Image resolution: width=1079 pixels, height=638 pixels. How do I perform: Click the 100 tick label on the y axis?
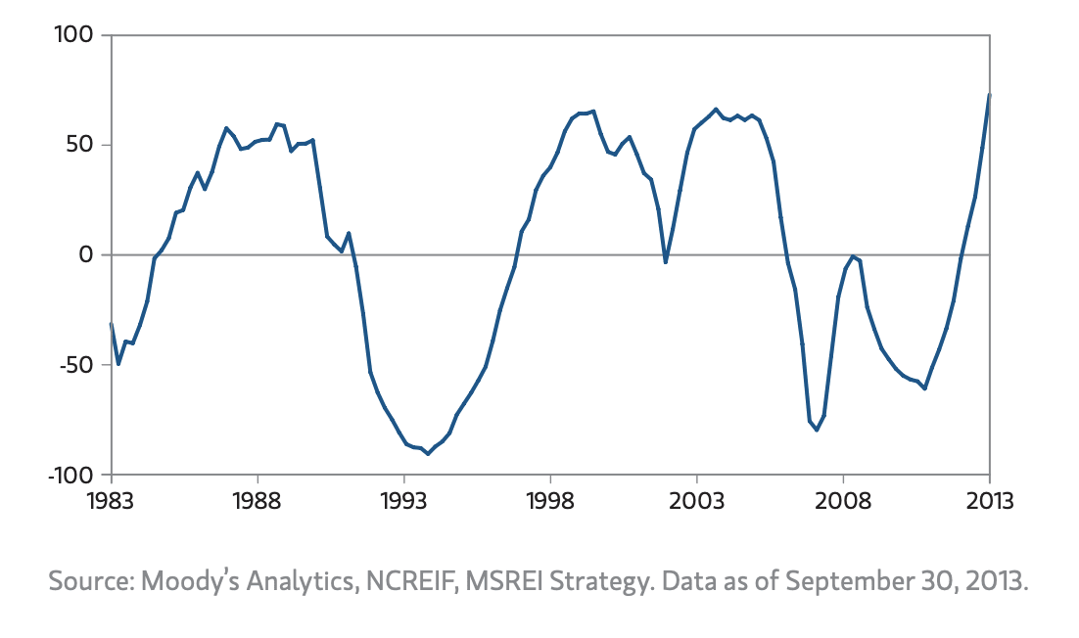tap(70, 36)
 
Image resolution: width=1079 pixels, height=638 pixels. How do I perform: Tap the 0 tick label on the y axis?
tap(85, 255)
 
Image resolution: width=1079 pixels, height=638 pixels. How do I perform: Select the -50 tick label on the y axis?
tap(73, 365)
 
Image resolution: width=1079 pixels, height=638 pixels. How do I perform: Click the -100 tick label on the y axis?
tap(67, 475)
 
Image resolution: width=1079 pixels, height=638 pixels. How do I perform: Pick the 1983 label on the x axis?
tap(111, 500)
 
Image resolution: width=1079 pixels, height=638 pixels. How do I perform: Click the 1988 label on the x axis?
tap(258, 500)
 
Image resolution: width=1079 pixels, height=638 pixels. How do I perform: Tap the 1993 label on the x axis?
tap(403, 500)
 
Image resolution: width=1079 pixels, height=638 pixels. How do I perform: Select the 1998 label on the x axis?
tap(550, 500)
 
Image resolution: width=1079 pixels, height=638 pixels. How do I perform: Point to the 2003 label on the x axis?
tap(696, 500)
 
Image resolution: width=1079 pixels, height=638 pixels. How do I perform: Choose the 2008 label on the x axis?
tap(843, 500)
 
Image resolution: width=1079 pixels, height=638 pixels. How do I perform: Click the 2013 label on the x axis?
tap(989, 500)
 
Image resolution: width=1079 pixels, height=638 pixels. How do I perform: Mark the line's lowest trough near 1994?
tap(427, 454)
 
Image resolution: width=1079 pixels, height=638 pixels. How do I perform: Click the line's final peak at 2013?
tap(990, 95)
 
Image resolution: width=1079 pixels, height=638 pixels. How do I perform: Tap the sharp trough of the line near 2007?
tap(817, 430)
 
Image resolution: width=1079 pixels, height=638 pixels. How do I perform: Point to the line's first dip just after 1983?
tap(118, 364)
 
